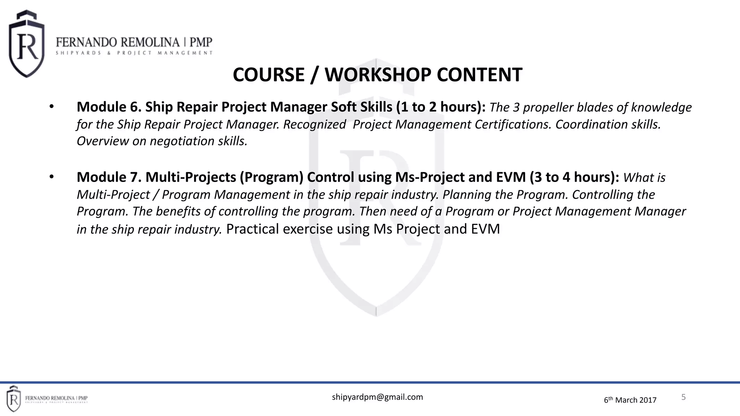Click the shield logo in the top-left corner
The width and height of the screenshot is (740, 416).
click(26, 44)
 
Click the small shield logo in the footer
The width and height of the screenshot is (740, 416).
click(13, 399)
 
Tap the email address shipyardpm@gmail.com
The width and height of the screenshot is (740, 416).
click(377, 397)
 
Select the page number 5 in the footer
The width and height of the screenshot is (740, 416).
click(683, 397)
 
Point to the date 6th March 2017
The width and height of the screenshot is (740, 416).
click(630, 400)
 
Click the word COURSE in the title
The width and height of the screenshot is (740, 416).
click(269, 75)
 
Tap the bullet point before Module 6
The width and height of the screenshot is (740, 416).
click(52, 107)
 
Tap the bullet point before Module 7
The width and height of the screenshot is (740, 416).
click(52, 177)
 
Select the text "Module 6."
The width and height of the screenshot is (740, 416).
click(109, 107)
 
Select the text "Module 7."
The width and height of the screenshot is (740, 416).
click(109, 177)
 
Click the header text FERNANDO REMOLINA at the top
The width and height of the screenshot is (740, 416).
click(118, 43)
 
